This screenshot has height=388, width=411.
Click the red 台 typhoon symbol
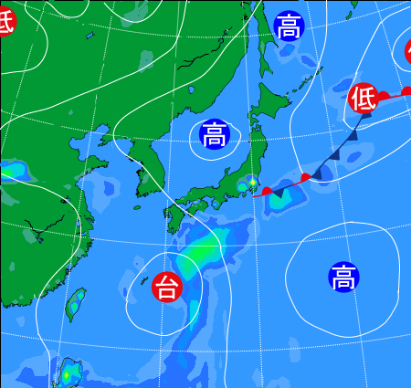point(167,288)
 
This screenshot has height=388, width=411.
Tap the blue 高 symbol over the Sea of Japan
point(216,136)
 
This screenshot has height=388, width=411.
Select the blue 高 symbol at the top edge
point(289,26)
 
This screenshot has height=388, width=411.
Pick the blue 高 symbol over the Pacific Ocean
point(343,277)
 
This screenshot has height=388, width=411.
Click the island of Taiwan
point(76,306)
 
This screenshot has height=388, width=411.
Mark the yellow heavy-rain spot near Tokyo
point(253,183)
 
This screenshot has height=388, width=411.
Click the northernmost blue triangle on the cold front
point(353,133)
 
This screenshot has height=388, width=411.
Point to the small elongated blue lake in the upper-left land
point(90,37)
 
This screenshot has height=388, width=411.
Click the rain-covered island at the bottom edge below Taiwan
point(68,373)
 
